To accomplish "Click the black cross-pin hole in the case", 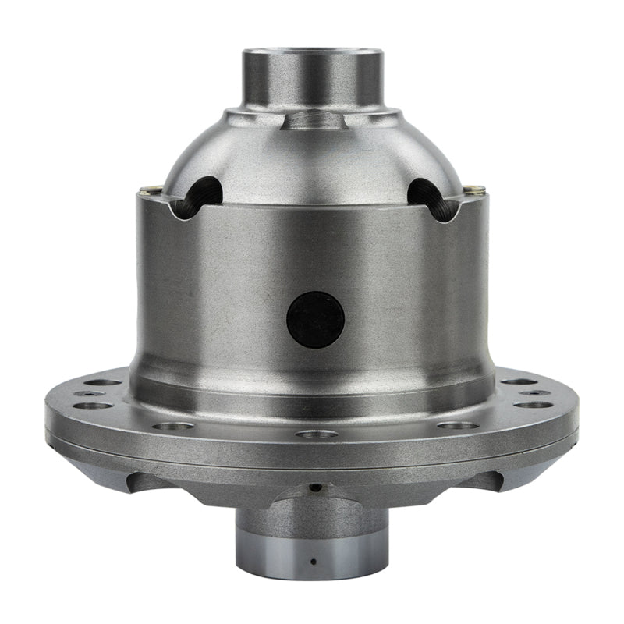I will (315, 319).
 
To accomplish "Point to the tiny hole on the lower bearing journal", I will (312, 561).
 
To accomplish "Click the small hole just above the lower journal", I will (314, 487).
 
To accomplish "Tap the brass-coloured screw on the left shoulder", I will (146, 187).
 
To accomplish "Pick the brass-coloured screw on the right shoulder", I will (475, 188).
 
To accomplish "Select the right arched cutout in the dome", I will (430, 197).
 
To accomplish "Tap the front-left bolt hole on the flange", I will (172, 426).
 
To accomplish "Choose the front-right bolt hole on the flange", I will (458, 425).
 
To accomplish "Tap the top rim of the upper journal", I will (313, 51).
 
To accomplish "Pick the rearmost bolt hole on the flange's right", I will (519, 382).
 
